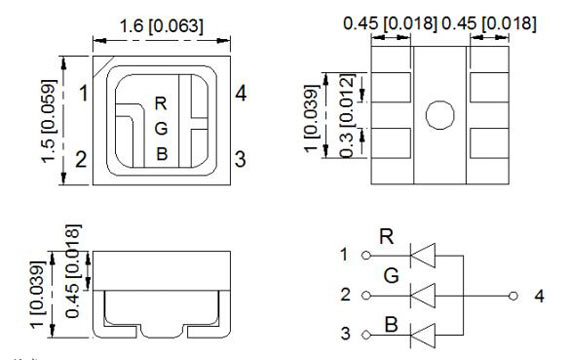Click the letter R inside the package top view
pyautogui.click(x=161, y=103)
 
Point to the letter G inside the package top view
pyautogui.click(x=161, y=128)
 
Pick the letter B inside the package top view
pyautogui.click(x=161, y=153)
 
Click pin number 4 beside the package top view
pyautogui.click(x=241, y=95)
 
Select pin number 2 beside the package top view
pyautogui.click(x=82, y=159)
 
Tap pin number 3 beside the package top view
pyautogui.click(x=240, y=159)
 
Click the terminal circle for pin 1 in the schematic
pyautogui.click(x=365, y=255)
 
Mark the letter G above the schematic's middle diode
pyautogui.click(x=389, y=275)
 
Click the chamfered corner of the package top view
pyautogui.click(x=101, y=67)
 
